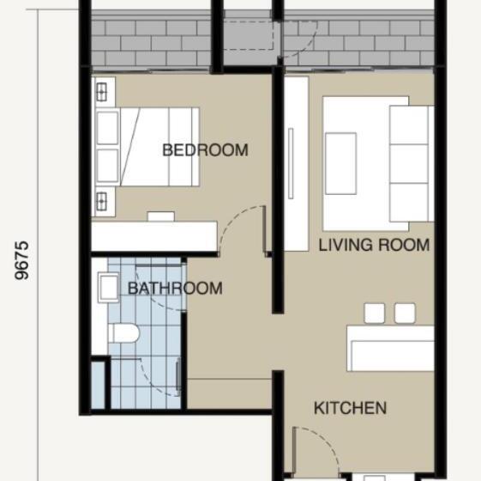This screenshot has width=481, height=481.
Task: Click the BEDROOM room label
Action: pos(205,150)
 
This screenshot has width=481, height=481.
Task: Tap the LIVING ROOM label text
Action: pos(374,245)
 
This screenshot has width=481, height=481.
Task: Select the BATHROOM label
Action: pos(175,289)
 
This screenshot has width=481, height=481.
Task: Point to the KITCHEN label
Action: pos(350,408)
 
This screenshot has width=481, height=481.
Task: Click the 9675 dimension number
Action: pos(21,260)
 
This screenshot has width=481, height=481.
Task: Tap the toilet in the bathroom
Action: pos(124,333)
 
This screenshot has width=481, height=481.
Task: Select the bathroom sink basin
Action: pos(108,288)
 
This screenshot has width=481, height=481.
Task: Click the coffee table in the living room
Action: pos(340,163)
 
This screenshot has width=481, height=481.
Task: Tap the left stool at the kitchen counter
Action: pos(374,314)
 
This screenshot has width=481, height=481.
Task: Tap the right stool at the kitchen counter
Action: pos(405,314)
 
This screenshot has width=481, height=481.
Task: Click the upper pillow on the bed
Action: pos(108,127)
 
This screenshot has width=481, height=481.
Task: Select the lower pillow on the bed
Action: pos(108,166)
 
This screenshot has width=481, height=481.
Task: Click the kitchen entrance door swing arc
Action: pos(326,441)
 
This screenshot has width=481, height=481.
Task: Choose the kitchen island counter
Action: pos(390,349)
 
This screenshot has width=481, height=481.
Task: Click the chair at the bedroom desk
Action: pos(160,216)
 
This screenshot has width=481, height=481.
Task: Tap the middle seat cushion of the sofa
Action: pos(409,163)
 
